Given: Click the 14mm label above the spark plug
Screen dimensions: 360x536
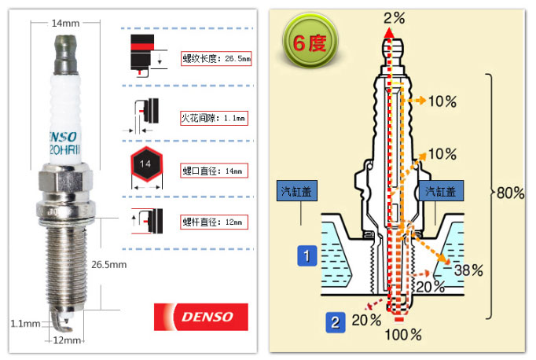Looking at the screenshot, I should [x=65, y=23].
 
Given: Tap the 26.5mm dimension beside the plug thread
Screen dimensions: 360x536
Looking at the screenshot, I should [x=108, y=264].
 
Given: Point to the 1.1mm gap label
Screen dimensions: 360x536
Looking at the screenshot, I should [x=25, y=323].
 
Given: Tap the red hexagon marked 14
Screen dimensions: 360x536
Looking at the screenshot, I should [x=144, y=165].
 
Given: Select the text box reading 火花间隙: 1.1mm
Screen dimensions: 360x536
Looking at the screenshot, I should [x=213, y=119].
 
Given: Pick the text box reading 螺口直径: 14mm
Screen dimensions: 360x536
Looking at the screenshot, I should [x=213, y=171].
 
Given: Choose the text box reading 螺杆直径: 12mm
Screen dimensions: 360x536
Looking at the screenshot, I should [x=213, y=222].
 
